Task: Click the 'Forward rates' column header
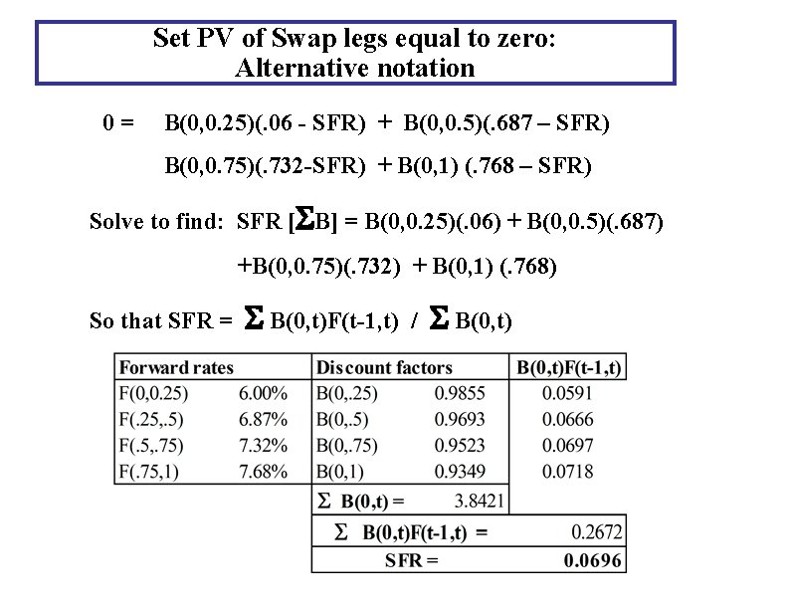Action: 176,368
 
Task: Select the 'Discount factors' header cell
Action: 384,368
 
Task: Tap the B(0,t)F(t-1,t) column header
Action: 569,368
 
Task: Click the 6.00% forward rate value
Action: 264,393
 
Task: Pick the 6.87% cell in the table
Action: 264,419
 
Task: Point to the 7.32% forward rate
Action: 264,444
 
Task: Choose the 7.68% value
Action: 264,470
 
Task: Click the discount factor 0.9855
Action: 459,393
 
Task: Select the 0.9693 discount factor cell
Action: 459,419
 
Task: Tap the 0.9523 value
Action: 459,444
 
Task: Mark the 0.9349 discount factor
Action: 459,470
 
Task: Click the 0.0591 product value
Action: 568,393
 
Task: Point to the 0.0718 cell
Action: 568,470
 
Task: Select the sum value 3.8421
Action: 481,500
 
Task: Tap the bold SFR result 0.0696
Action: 593,560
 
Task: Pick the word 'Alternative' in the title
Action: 291,69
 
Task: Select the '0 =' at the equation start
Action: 118,123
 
